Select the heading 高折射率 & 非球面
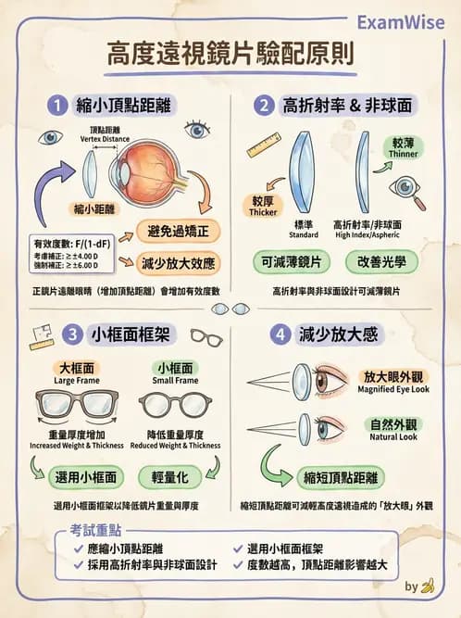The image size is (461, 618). pos(352,105)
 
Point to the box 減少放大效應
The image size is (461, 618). pos(180,262)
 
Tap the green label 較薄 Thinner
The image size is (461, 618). pos(405,148)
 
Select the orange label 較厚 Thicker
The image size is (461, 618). pos(264,206)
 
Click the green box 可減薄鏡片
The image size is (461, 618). pos(292,262)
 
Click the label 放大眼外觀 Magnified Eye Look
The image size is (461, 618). pos(393,382)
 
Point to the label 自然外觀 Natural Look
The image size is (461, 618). pos(393,430)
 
